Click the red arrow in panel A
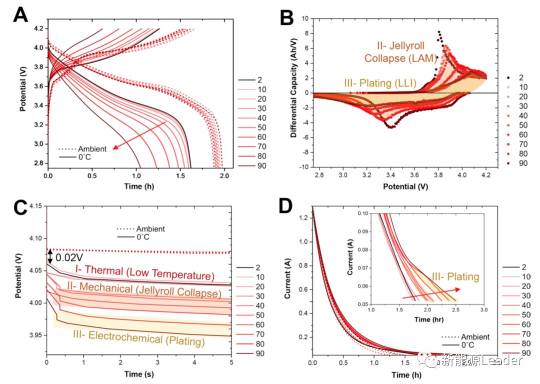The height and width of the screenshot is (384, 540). coord(139,135)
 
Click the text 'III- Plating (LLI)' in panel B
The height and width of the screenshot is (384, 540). coord(380,82)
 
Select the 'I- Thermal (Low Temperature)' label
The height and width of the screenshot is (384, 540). coord(144,273)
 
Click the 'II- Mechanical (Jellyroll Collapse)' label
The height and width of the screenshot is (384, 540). coord(143,292)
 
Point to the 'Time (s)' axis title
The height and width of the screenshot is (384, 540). coord(137,373)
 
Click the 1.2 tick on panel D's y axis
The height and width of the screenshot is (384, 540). coord(302,217)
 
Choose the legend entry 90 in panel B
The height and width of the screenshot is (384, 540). coord(514,163)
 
